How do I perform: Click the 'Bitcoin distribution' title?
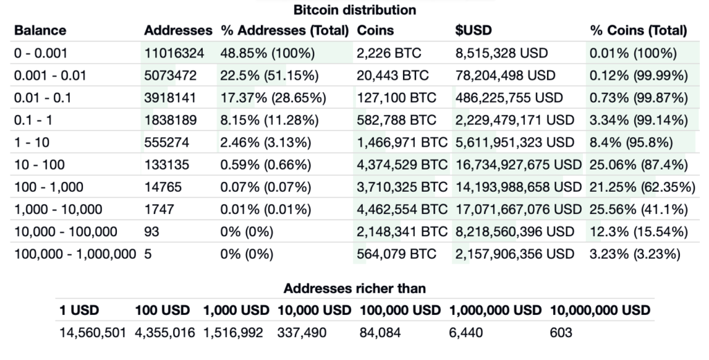354,10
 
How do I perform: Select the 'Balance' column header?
40,31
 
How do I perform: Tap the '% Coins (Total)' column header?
638,31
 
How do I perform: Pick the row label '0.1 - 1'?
33,120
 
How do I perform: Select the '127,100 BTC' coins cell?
391,98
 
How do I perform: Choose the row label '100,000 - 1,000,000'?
75,254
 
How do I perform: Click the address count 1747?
159,209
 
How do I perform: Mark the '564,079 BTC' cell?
396,254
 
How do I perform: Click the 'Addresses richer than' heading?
354,288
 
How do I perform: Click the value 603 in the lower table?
562,333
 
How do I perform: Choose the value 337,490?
301,333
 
